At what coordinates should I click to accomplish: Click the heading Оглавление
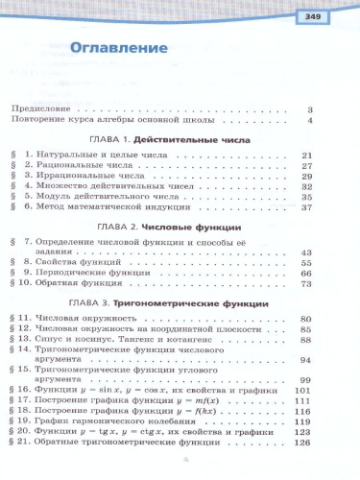(x=108, y=46)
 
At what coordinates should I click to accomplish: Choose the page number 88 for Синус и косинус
(x=307, y=340)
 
